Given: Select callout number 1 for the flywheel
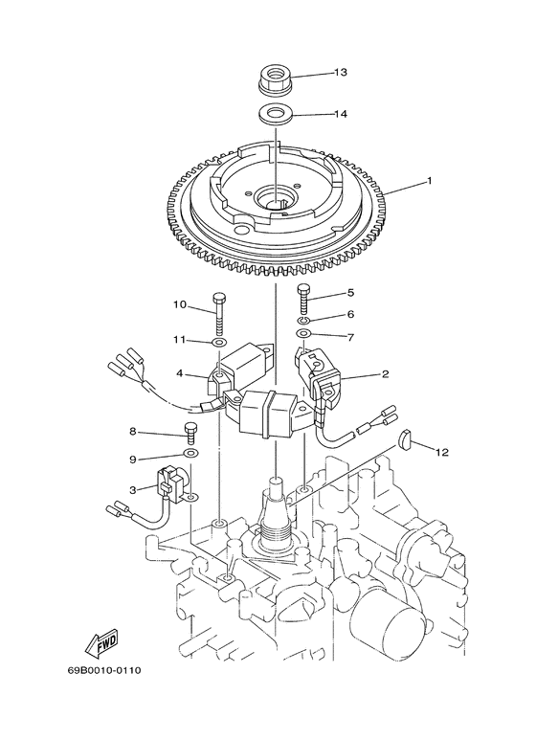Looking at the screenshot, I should (x=403, y=179).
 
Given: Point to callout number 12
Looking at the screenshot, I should (x=442, y=450).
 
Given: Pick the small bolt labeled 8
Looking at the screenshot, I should (x=190, y=434).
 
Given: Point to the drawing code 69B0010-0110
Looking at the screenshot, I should (x=104, y=670).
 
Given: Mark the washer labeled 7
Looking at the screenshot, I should (x=303, y=335).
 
